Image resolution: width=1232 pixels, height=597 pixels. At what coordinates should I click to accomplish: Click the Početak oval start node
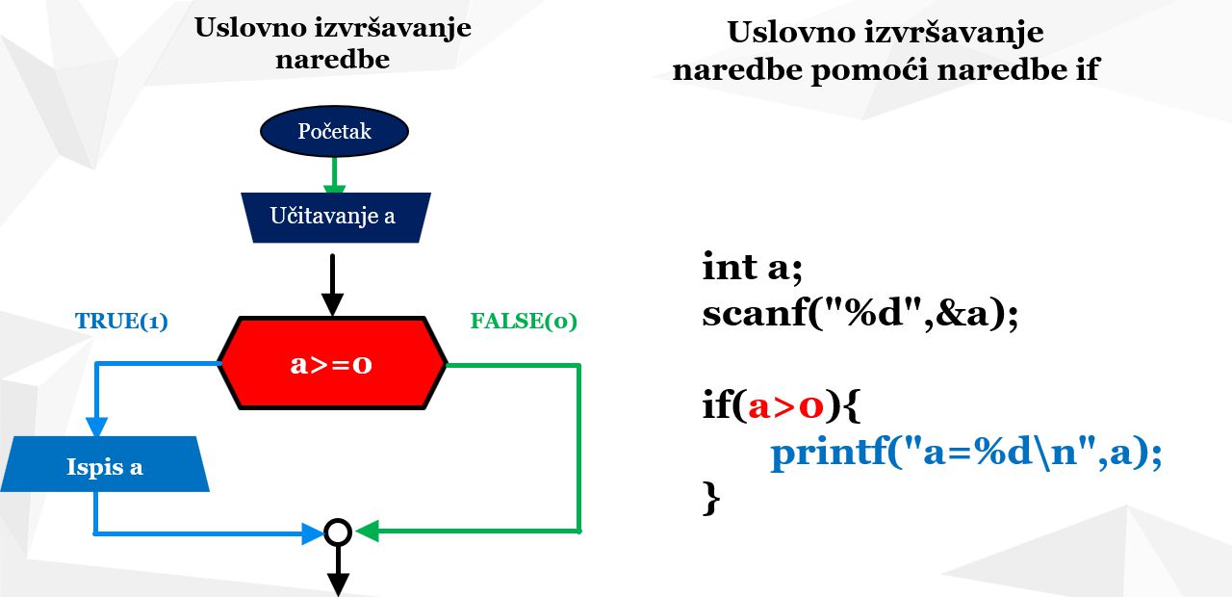[x=334, y=131]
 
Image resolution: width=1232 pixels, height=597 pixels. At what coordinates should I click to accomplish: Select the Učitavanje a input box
[x=336, y=218]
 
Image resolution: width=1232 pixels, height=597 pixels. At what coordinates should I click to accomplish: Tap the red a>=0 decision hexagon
[x=332, y=363]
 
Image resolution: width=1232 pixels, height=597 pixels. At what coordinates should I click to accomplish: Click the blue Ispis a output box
[x=105, y=464]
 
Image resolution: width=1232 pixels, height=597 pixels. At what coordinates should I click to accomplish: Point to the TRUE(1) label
[x=121, y=321]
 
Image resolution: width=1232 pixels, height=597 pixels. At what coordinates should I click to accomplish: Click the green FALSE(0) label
[x=524, y=321]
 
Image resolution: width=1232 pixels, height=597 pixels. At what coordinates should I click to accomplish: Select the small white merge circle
[x=338, y=532]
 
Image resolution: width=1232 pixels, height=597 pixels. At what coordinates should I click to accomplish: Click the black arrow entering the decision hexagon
[x=332, y=285]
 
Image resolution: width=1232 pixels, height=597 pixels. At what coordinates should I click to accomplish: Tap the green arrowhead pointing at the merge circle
[x=368, y=531]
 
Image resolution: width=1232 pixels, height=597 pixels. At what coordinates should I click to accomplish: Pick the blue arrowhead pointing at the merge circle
[x=313, y=533]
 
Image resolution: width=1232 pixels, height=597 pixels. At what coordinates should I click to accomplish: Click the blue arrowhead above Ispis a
[x=97, y=428]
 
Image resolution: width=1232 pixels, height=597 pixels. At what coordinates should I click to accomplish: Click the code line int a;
[x=753, y=268]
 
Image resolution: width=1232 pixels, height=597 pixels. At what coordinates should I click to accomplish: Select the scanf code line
[x=860, y=314]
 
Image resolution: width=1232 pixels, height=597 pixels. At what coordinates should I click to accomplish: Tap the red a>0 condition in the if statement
[x=785, y=407]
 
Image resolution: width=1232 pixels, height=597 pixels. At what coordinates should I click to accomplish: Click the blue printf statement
[x=966, y=454]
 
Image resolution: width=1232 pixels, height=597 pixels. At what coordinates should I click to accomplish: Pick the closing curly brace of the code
[x=711, y=498]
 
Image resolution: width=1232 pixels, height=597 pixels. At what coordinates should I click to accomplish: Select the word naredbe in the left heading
[x=333, y=59]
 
